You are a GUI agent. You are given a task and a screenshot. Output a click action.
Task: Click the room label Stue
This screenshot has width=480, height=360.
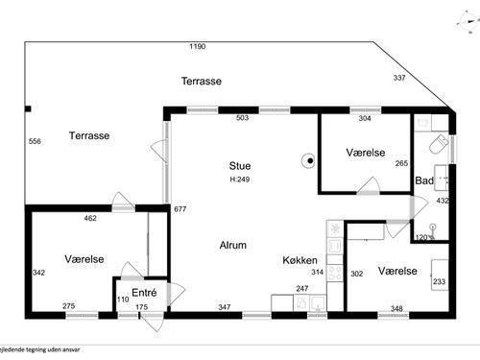point(239,166)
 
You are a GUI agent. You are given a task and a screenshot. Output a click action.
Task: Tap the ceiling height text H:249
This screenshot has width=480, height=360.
point(239,180)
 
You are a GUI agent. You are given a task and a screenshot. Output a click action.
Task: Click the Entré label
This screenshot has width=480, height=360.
point(143,292)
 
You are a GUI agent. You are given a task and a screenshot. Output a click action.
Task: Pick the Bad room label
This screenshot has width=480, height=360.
point(423,180)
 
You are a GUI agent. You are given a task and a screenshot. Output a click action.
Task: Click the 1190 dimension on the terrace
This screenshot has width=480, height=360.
point(198,46)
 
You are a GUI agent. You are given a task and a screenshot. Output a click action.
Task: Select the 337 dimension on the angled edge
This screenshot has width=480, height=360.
point(399,78)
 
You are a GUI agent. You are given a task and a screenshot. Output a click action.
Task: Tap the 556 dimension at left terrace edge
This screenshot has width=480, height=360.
point(35,141)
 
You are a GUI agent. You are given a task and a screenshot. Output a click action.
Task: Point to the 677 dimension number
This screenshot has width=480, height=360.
point(179,208)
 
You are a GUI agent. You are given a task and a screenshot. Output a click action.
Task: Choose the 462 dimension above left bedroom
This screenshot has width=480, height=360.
point(90,219)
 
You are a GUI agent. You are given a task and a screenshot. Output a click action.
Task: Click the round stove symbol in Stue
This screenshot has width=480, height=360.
point(309,161)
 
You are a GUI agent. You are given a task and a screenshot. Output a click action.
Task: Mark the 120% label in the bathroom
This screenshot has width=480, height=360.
point(423,236)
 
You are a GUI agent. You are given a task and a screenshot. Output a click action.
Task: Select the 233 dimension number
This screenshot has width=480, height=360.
point(439,282)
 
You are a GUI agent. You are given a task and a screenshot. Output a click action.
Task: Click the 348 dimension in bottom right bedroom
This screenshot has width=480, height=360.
point(396,307)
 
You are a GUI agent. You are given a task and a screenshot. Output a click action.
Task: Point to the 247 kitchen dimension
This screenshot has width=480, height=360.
point(301,288)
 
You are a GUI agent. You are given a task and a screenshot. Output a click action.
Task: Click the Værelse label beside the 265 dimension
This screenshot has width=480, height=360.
point(365,153)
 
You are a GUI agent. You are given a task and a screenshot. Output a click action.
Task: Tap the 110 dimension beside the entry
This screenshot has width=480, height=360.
point(122,300)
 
